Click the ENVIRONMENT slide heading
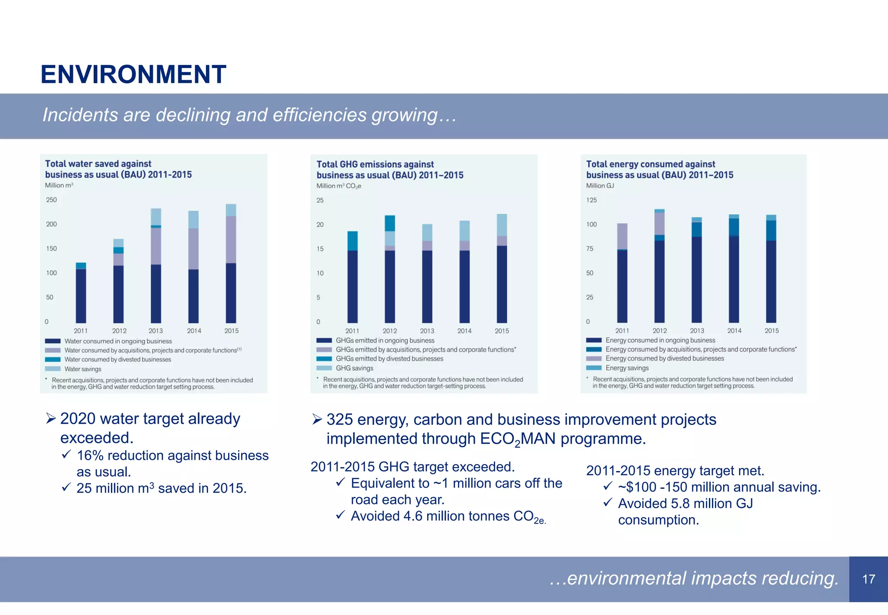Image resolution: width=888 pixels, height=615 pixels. point(133,74)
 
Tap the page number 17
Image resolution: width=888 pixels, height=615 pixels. point(868,579)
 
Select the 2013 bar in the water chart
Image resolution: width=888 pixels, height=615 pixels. point(156,265)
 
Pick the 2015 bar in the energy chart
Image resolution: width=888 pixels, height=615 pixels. point(771,268)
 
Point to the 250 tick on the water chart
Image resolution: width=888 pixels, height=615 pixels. point(51,200)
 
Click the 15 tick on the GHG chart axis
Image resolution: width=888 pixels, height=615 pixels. point(320,249)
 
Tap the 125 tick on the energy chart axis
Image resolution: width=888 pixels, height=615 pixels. point(591,200)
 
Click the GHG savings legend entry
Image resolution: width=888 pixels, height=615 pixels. point(354,368)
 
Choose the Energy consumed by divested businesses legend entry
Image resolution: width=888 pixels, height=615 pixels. point(664,359)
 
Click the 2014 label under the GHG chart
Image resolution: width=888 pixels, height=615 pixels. point(464,331)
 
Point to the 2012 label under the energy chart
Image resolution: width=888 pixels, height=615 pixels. point(659,331)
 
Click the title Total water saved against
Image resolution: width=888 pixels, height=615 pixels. point(98,164)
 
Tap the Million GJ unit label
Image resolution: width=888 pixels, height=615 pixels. point(600,186)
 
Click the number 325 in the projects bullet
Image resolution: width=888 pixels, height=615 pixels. point(340,420)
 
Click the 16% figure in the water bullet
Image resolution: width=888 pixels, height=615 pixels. point(90,456)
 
